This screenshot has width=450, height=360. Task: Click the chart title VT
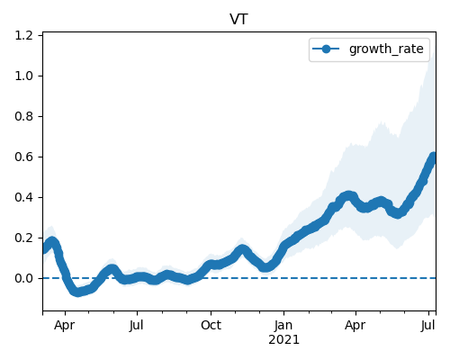pos(238,19)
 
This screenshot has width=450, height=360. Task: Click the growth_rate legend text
pos(386,49)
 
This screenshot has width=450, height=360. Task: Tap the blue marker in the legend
pos(326,49)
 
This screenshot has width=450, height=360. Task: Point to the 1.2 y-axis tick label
pos(23,36)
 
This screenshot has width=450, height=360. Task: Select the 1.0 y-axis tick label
pos(23,76)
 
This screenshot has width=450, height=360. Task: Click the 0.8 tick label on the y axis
pos(23,116)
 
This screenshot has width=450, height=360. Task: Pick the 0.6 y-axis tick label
pos(23,157)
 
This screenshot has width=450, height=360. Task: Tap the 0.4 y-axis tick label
pos(23,197)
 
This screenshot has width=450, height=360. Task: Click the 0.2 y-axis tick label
pos(23,238)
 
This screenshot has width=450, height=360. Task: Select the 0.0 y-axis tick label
pos(23,278)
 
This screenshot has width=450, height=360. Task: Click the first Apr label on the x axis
pos(65,326)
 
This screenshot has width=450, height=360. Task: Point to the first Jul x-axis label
pos(137,325)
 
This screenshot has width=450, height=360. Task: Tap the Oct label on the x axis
pos(211,325)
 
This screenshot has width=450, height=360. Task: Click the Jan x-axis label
pos(283,325)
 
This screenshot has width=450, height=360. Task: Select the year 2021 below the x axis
pos(283,340)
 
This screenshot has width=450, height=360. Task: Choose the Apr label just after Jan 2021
pos(355,326)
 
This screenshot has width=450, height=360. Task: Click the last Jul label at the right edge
pos(428,325)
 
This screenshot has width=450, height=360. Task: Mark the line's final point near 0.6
pos(433,157)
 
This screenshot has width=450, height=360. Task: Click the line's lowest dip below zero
pos(77,292)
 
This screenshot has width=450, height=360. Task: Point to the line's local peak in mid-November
pos(242,249)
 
